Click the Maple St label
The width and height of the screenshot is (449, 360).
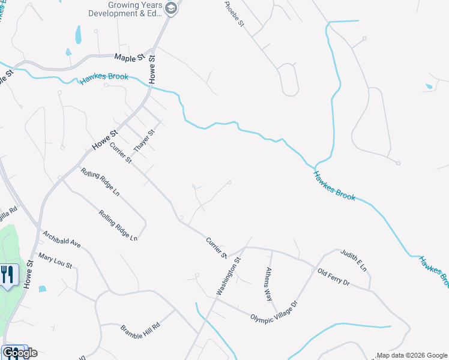pos(130,58)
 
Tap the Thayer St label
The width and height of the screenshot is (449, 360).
pos(144,140)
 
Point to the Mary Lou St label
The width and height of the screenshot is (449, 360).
pos(55,261)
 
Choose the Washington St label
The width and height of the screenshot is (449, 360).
pos(228,277)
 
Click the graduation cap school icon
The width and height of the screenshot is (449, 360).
pos(171,9)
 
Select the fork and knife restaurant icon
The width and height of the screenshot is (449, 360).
pos(7,275)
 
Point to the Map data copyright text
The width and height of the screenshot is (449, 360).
pos(411,355)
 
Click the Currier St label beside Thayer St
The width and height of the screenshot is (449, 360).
pos(120,152)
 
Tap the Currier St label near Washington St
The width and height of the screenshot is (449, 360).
pos(216,248)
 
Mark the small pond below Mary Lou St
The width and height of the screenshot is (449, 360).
pos(42,289)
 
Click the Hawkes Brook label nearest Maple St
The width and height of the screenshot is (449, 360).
pos(104,79)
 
